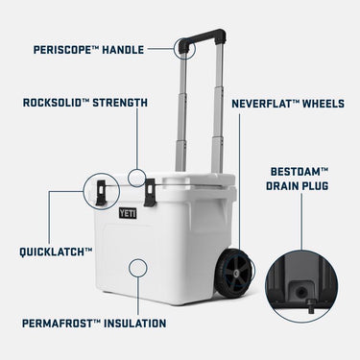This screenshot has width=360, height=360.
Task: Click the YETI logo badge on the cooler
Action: [128, 213]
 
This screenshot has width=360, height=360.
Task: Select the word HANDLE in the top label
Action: [123, 50]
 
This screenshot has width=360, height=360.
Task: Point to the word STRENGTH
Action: [120, 103]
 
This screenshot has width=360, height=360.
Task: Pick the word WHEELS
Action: [324, 104]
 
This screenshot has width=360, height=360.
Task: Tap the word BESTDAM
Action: [296, 172]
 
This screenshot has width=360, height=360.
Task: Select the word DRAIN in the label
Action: [282, 186]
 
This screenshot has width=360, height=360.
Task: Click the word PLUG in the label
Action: [316, 186]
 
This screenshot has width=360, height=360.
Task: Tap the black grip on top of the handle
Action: [203, 36]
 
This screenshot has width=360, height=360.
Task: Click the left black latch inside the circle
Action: [101, 192]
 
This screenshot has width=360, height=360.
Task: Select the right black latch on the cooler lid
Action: [150, 192]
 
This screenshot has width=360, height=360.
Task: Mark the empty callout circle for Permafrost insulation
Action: [138, 268]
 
